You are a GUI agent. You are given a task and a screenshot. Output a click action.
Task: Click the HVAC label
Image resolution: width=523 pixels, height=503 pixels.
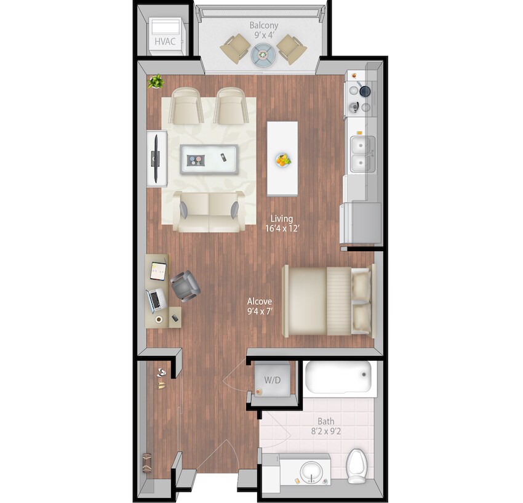[164, 42]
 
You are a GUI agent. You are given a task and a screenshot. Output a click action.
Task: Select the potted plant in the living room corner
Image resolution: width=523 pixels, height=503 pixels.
[156, 81]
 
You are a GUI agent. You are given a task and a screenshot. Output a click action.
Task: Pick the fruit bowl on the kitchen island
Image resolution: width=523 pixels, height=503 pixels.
[282, 160]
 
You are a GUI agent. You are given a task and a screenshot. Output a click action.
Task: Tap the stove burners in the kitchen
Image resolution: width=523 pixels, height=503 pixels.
[359, 98]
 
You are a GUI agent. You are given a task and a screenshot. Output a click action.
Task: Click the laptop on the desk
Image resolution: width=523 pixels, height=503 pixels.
[156, 300]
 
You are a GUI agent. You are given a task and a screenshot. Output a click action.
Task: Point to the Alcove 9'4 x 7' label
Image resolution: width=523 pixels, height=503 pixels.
[260, 307]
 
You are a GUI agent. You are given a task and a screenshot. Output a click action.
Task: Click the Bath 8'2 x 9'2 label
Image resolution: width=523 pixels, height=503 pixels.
[325, 427]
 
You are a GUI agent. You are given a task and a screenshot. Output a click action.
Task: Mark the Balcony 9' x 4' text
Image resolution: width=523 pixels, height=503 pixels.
[263, 30]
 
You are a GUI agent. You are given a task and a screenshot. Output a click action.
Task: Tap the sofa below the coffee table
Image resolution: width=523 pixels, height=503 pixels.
[209, 211]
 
